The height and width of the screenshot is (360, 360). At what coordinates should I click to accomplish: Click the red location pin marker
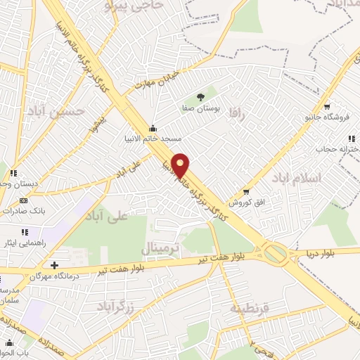(x=181, y=166)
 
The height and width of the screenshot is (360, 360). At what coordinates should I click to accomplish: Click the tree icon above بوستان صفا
(x=201, y=98)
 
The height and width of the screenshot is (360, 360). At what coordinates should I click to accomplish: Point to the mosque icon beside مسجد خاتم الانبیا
(x=154, y=127)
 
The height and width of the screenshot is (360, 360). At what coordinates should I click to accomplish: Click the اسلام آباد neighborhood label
(x=319, y=178)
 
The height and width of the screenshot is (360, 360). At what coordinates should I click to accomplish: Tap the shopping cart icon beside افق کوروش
(x=245, y=191)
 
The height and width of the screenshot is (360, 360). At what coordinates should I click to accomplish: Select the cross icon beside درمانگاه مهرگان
(x=55, y=265)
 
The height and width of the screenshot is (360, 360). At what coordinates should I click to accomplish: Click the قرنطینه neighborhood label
(x=249, y=308)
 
